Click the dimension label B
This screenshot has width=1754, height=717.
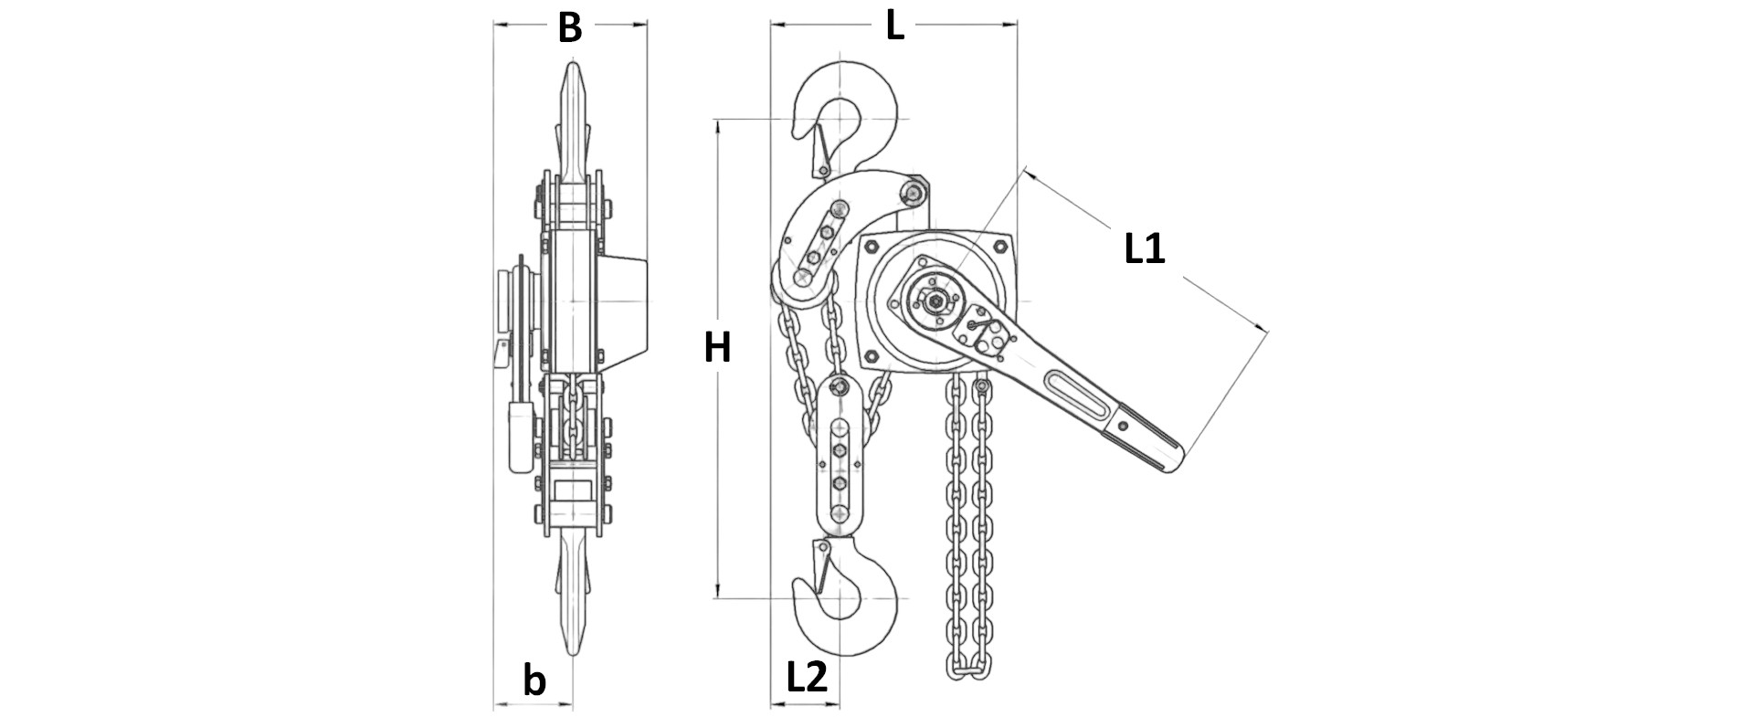569,28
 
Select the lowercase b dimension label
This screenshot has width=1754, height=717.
534,680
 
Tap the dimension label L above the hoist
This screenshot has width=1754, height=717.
894,27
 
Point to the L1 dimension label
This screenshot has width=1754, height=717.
1144,248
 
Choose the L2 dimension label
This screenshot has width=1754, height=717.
806,678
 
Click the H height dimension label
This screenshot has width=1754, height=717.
717,348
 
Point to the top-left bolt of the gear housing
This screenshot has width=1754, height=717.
870,245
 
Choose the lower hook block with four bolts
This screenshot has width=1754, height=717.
839,457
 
